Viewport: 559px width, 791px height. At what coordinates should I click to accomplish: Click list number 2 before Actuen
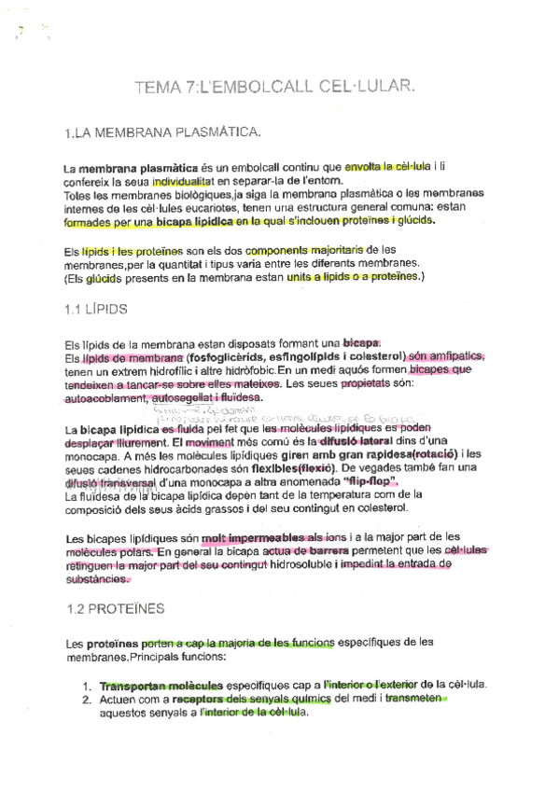[86, 699]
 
